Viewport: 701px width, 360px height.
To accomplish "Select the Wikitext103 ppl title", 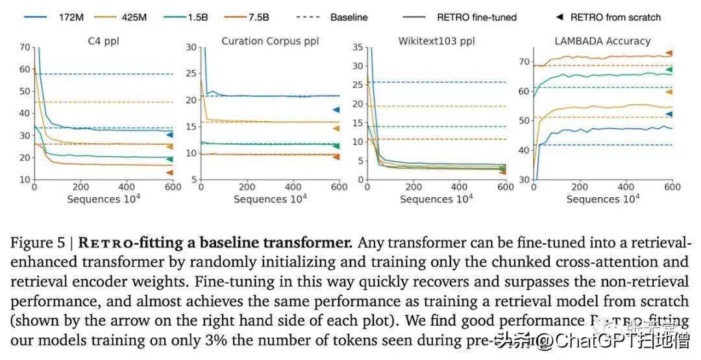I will (x=436, y=41).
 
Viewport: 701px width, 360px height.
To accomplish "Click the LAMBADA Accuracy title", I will (x=602, y=41).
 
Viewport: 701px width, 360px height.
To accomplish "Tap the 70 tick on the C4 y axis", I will (x=25, y=47).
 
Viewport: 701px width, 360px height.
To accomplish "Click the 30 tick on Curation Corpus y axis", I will (x=192, y=47).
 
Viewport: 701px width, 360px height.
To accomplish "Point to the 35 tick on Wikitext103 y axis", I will (x=358, y=47).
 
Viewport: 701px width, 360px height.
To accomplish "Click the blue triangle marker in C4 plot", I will (x=169, y=134).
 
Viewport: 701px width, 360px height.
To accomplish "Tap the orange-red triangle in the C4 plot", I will (x=169, y=173).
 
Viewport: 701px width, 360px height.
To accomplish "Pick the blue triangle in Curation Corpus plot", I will (x=336, y=110).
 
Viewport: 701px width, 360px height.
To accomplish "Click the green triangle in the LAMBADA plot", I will (x=669, y=69).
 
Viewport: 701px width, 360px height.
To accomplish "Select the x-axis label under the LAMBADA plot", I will (x=602, y=198).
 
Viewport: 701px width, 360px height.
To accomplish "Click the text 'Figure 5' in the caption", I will (x=38, y=244).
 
